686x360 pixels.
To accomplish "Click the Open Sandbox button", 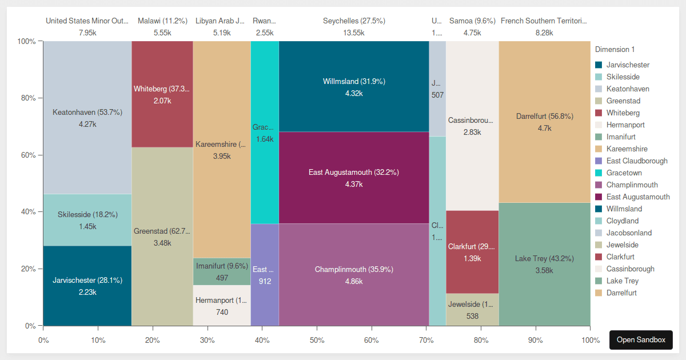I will click(641, 339).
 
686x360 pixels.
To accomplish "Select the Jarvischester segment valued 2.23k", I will click(87, 286).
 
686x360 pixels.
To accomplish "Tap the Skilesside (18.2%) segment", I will click(87, 220).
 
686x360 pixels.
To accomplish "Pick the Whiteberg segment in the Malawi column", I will click(162, 94).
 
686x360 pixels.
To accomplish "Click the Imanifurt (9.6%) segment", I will click(222, 271).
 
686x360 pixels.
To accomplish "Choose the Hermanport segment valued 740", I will click(222, 306).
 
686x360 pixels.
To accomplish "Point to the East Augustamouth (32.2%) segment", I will click(354, 178).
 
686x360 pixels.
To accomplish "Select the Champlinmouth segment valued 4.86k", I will click(354, 275).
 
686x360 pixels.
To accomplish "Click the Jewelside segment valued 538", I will click(472, 310).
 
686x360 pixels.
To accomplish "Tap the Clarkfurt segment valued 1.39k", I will click(472, 252).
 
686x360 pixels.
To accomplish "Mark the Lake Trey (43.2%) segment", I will click(544, 265).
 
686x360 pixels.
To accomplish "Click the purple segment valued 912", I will click(265, 275).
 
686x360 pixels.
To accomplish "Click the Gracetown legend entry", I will click(624, 173).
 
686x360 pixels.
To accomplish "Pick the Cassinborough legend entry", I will click(630, 269).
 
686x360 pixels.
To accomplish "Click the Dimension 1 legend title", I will click(615, 50).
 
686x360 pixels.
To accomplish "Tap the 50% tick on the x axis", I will click(317, 340).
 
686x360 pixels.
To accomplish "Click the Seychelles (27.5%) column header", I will click(354, 21).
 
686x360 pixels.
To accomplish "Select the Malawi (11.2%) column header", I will click(162, 21).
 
